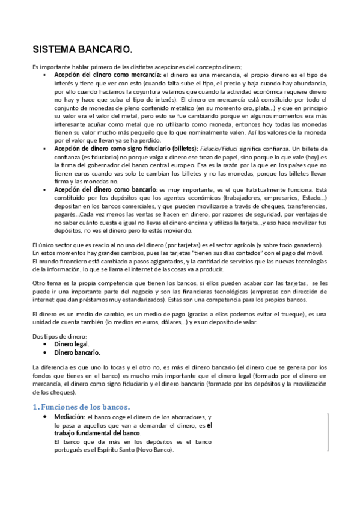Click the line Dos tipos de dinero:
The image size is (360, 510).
pos(56,337)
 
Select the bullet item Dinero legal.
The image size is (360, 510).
pos(72,344)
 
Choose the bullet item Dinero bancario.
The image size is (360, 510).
pos(77,352)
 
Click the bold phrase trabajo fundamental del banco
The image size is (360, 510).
pos(97,433)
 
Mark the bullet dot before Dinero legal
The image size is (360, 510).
pos(46,345)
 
